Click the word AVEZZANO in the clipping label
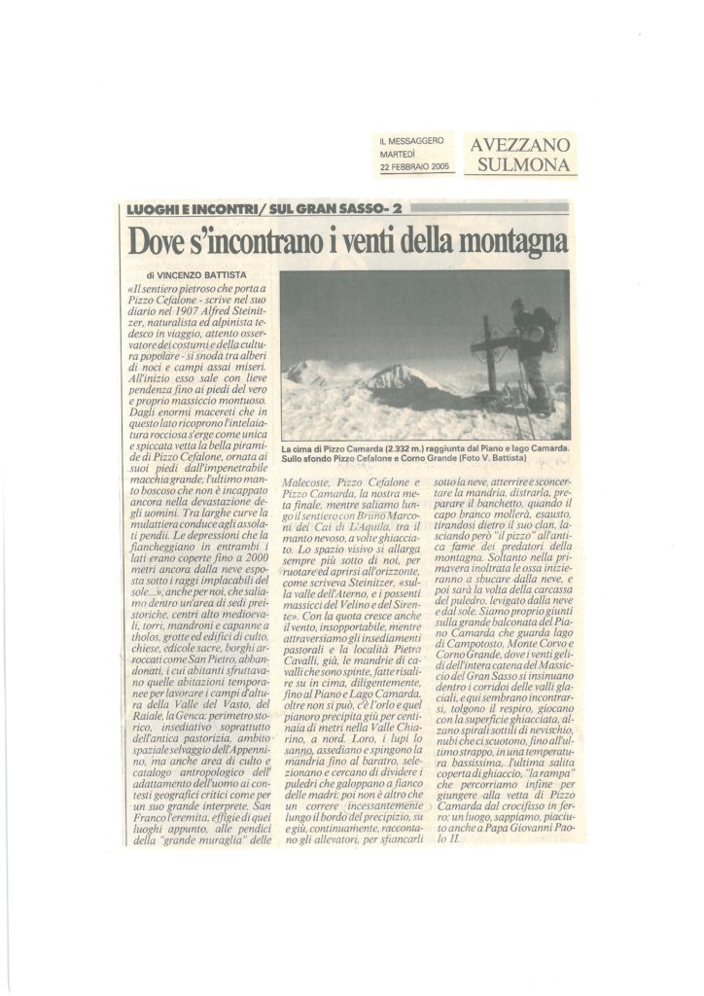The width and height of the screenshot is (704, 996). point(520,145)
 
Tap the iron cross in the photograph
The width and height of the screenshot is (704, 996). point(488,349)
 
